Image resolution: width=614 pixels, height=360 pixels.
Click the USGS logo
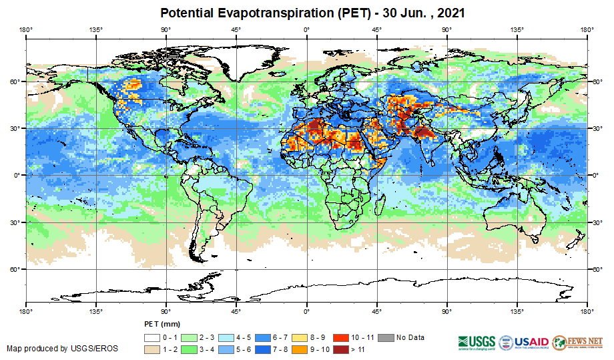[x=475, y=342]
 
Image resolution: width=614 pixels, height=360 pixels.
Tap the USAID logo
[x=523, y=342]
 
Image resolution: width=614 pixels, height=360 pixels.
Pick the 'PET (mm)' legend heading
[x=162, y=325]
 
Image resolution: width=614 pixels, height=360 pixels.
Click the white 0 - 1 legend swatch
[x=153, y=337]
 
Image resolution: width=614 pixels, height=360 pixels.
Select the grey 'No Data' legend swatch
[x=386, y=337]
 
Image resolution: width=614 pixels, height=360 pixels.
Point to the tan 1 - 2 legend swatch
[x=153, y=349]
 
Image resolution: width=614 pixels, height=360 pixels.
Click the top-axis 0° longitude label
[x=306, y=29]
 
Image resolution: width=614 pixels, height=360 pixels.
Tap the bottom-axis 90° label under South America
[x=166, y=311]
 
